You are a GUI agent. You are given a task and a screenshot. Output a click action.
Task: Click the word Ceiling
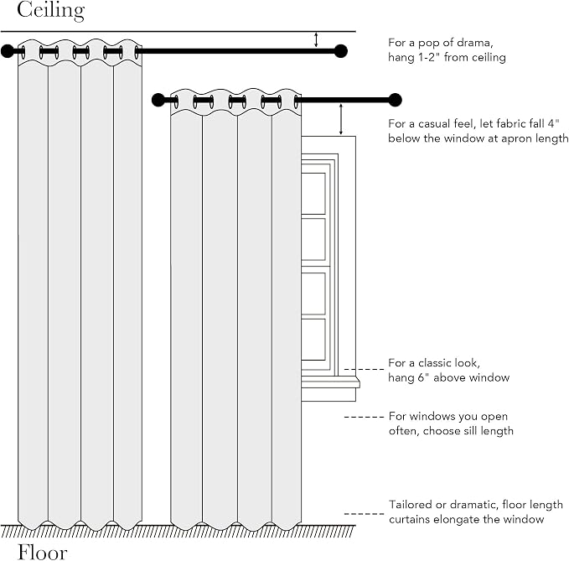coord(51,11)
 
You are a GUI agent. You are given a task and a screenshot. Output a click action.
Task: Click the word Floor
coord(43,553)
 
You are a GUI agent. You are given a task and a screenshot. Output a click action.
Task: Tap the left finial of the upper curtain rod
coord(7,51)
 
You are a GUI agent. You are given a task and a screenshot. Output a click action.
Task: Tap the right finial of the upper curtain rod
coord(341,51)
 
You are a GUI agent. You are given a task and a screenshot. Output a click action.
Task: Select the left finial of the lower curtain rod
coord(158,100)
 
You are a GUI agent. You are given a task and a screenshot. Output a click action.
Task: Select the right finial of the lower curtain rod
coord(396,100)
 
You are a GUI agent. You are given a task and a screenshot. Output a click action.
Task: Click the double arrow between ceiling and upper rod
coord(316,39)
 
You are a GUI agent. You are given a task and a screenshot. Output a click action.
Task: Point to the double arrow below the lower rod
coord(341,119)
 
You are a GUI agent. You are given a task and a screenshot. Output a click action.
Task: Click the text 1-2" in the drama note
coord(427,57)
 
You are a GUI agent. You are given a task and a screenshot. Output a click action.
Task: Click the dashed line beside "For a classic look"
coord(364,369)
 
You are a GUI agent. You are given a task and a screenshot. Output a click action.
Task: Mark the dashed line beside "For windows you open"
coord(364,417)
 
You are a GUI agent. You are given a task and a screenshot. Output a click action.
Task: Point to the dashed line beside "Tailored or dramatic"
coord(364,514)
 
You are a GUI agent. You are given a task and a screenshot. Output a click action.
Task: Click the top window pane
coord(313,194)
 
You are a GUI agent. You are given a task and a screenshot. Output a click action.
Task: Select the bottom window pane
coord(313,340)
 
